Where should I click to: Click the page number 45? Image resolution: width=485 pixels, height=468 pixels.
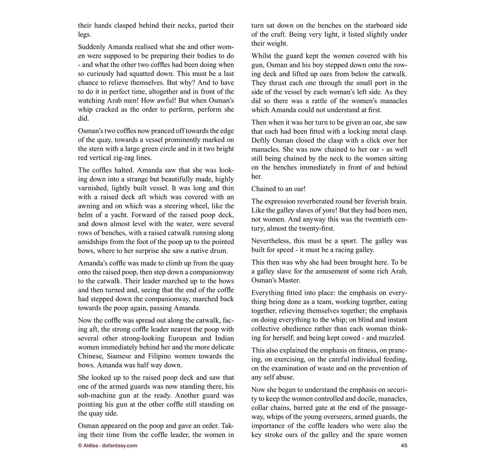click(x=404, y=445)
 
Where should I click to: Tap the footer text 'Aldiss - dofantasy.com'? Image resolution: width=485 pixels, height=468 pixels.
click(x=108, y=445)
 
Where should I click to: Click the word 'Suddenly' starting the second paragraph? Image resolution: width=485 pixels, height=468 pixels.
click(x=92, y=47)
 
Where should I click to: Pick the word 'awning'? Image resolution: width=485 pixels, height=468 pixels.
click(x=89, y=206)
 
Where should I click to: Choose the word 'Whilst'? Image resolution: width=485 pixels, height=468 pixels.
click(x=262, y=56)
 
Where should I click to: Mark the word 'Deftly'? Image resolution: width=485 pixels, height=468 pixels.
click(x=261, y=140)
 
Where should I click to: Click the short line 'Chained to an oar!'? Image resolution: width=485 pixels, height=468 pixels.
click(x=278, y=189)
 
